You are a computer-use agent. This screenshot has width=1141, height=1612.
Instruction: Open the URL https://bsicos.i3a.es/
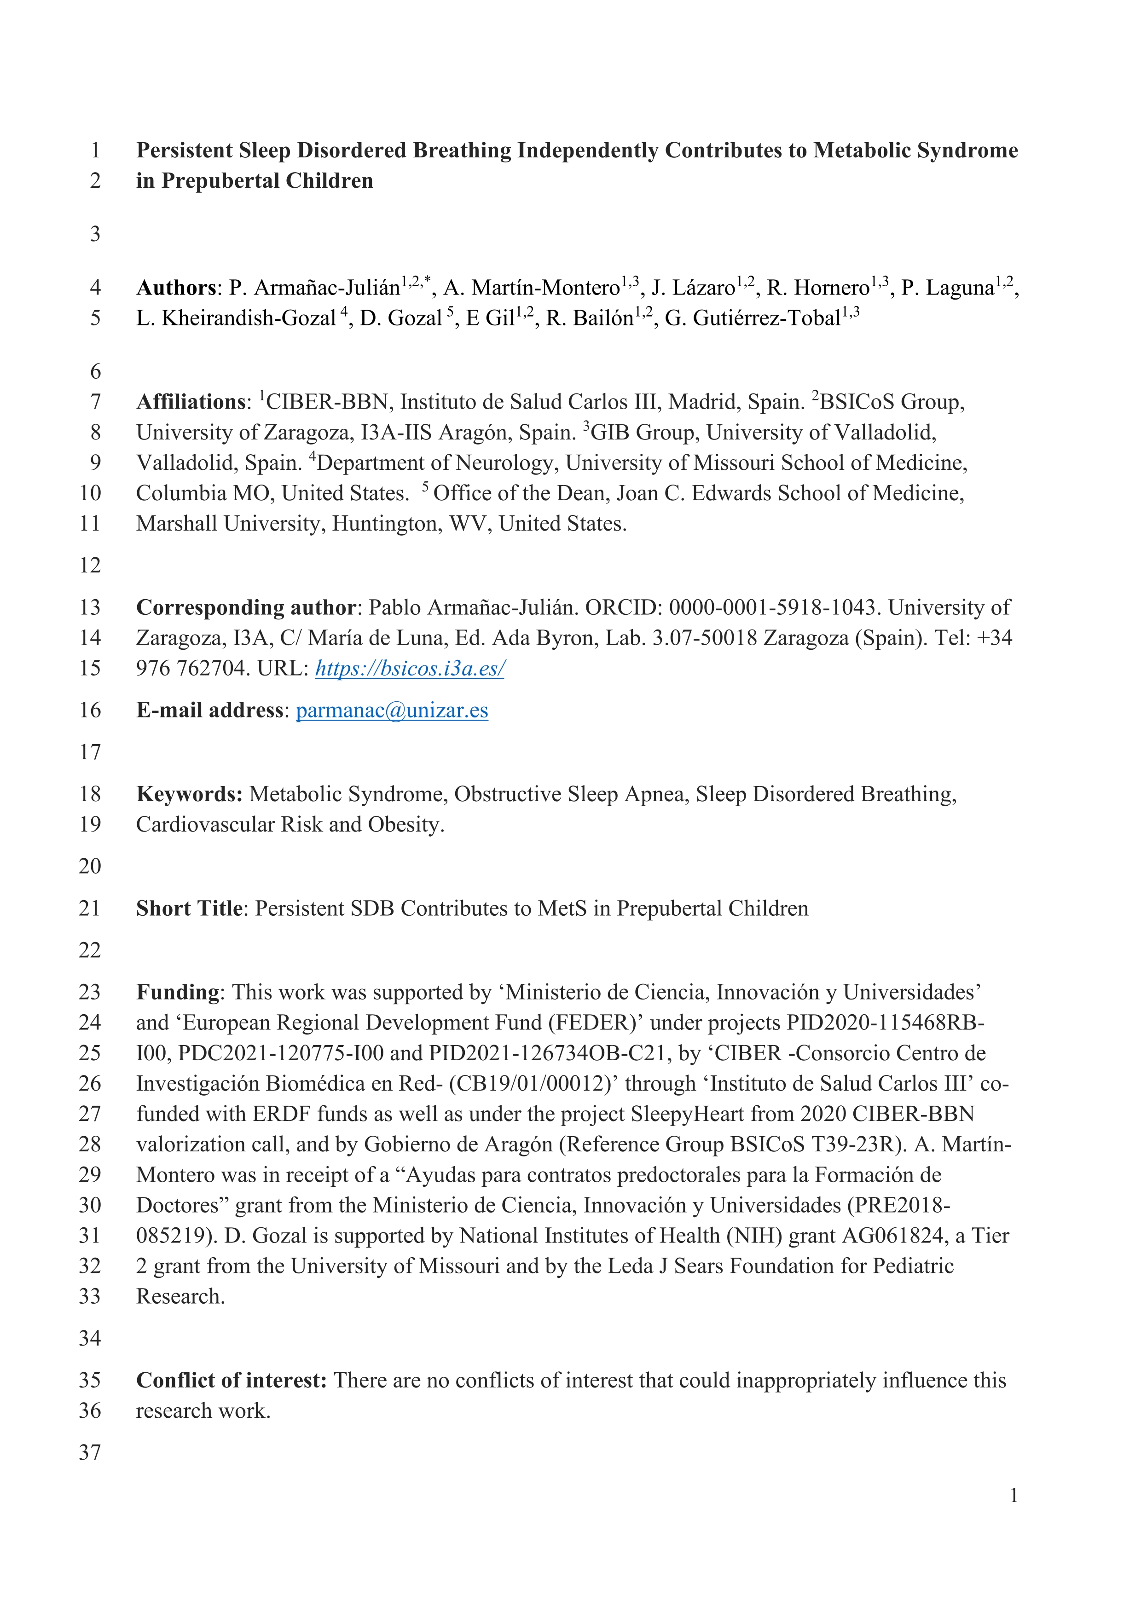tap(410, 668)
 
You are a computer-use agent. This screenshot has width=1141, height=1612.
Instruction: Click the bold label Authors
tap(176, 288)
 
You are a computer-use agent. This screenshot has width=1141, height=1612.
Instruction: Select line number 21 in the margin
tap(90, 908)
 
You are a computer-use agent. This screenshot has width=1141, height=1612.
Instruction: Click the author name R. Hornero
tap(818, 288)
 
